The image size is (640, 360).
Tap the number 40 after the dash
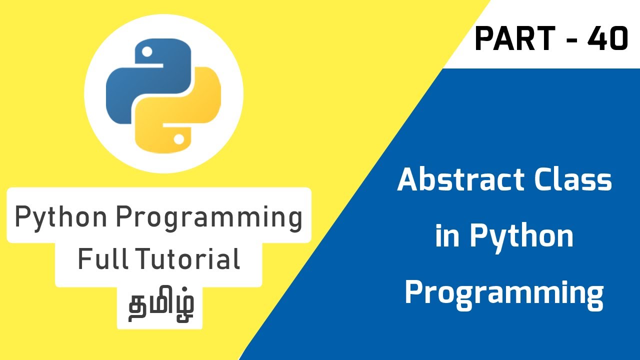pos(607,39)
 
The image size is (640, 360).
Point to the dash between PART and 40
pos(571,40)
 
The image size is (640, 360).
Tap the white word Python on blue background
pos(521,237)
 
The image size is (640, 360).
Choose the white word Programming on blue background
pos(504,293)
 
